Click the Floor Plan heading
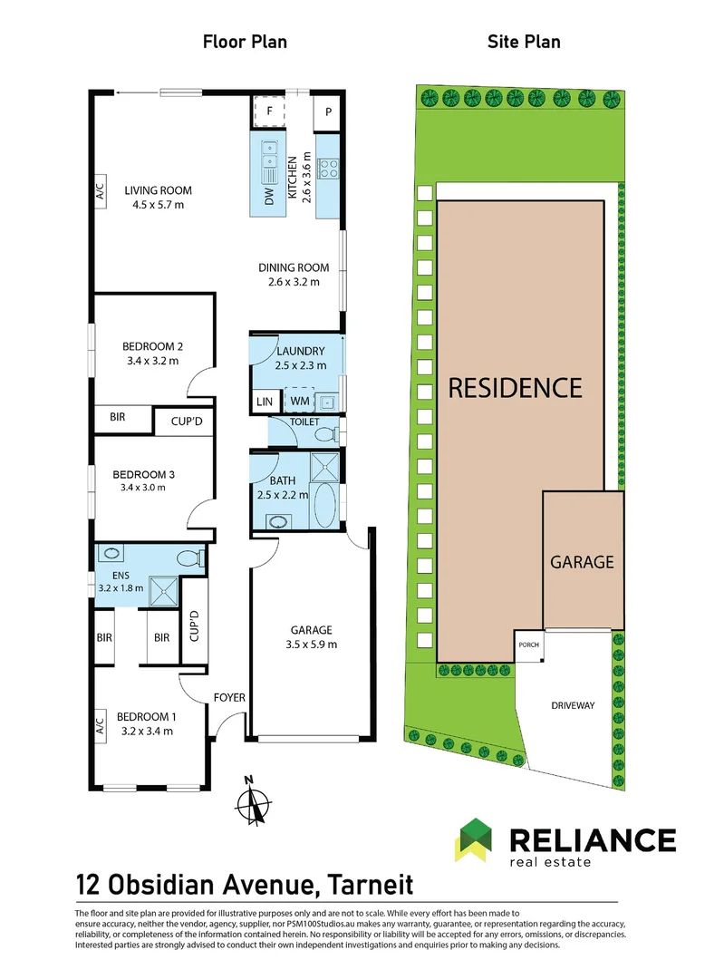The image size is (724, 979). [245, 42]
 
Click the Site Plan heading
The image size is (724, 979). [524, 42]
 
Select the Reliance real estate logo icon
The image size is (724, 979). [475, 839]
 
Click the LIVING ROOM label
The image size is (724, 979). [154, 190]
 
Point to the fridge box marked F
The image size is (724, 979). [269, 111]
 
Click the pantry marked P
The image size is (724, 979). [326, 112]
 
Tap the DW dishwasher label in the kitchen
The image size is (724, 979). [269, 198]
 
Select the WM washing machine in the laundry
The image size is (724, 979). [299, 401]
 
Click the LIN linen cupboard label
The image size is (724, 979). [265, 402]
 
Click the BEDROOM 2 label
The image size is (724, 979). [153, 345]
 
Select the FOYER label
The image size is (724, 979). [228, 697]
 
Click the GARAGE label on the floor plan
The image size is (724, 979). [311, 630]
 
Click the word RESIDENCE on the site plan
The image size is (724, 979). [516, 388]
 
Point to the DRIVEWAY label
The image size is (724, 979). [572, 705]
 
